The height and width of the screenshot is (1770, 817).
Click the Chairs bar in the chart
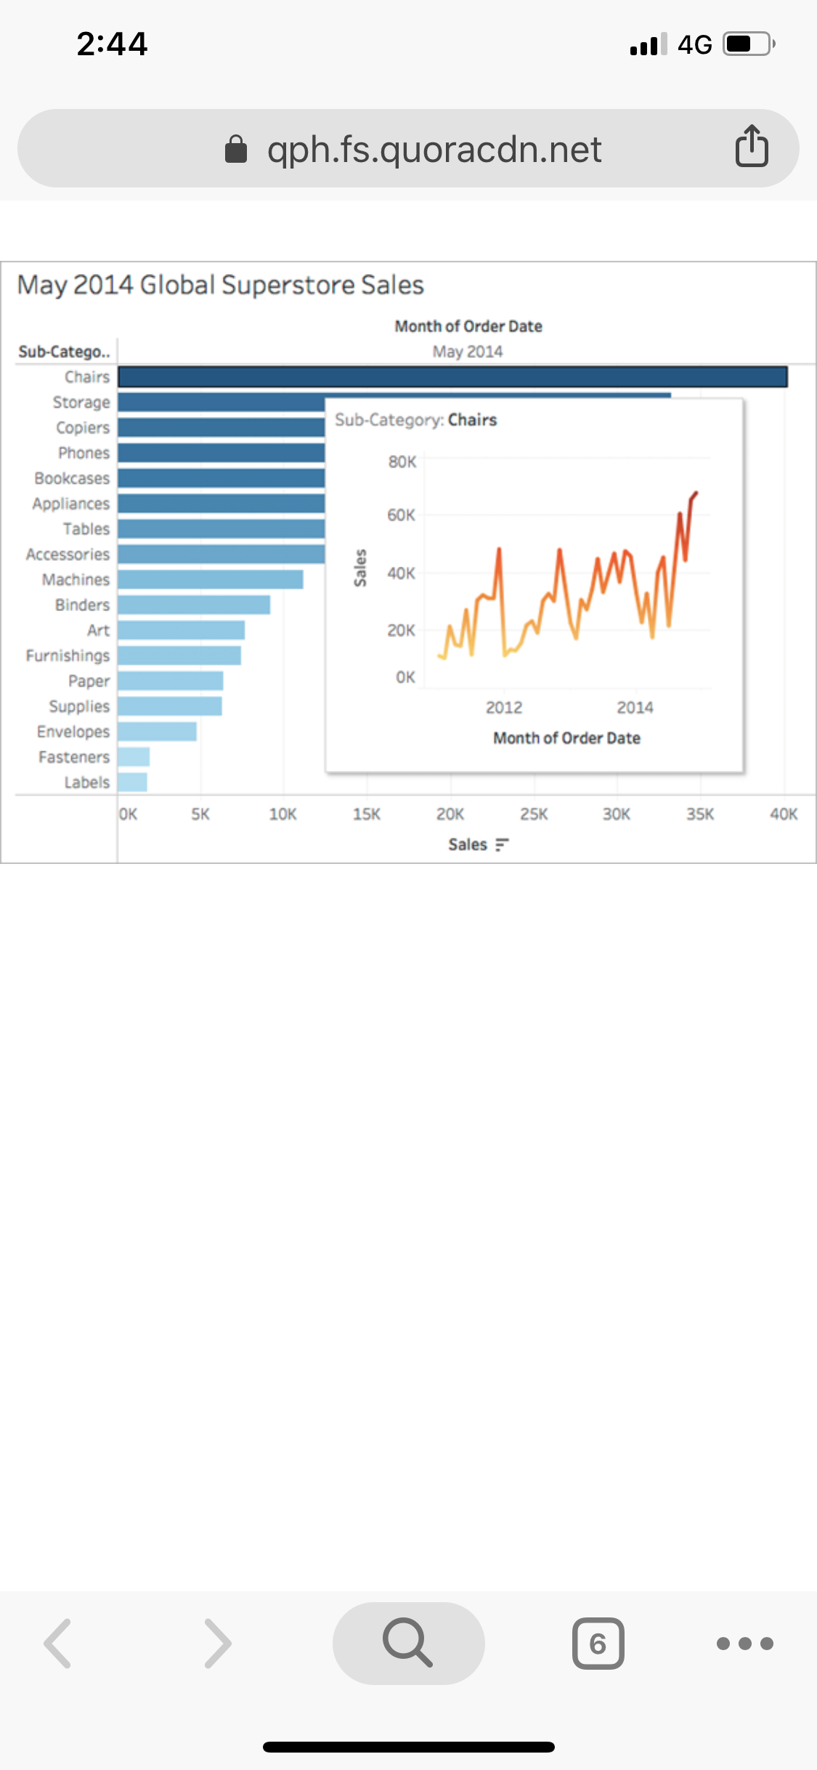pos(452,376)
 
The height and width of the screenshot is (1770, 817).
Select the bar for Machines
pos(211,579)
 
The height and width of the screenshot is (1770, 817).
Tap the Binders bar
pos(194,605)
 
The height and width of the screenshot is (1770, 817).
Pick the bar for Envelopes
pos(157,731)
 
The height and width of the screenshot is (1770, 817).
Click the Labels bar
pos(133,782)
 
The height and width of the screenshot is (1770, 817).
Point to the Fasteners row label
pos(74,757)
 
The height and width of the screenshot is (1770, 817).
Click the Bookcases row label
pos(72,478)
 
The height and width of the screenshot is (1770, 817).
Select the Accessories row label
pos(68,554)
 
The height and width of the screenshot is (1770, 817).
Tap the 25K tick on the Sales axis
pos(534,815)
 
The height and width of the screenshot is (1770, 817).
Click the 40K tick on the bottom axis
pos(784,815)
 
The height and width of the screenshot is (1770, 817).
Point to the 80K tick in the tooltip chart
pos(402,462)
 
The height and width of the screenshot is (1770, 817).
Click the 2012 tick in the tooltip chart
pos(504,708)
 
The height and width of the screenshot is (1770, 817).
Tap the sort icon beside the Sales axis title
pos(502,844)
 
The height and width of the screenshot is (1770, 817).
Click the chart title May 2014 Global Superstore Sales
pos(220,285)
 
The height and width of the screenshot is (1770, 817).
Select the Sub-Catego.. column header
pos(64,352)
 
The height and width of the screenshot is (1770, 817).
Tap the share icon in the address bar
pos(752,147)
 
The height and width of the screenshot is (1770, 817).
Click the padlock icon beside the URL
pos(236,150)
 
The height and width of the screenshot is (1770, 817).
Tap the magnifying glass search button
pos(408,1642)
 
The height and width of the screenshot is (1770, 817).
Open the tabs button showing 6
pos(598,1643)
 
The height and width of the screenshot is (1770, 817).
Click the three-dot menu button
pos(744,1643)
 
